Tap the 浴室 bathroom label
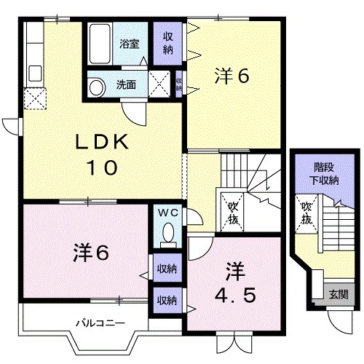click(130, 44)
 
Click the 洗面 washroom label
click(126, 84)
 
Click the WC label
click(168, 213)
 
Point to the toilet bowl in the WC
click(168, 234)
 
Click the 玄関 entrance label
click(337, 294)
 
